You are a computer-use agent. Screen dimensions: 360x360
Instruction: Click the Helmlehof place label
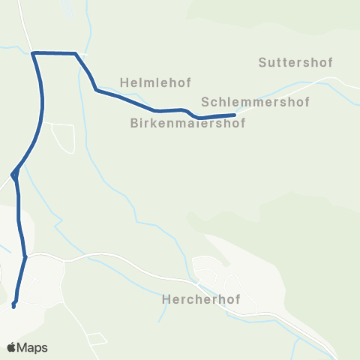[146, 80]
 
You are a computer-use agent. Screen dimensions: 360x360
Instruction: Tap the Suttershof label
[295, 62]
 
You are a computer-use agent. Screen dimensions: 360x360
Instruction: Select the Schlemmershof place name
[255, 101]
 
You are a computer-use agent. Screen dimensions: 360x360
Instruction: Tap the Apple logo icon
[12, 347]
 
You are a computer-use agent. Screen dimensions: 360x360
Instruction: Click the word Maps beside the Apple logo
[33, 347]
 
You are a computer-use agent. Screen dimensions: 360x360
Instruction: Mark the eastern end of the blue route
[235, 115]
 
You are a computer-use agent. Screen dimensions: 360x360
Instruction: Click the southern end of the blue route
[14, 304]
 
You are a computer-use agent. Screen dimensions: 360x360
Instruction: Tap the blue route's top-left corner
[34, 52]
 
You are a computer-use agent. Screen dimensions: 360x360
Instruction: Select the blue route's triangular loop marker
[13, 175]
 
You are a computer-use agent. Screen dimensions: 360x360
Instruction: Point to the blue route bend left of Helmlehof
[96, 90]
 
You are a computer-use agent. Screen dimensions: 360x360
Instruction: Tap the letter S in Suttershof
[262, 62]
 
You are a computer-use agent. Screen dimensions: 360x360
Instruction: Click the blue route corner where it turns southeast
[76, 53]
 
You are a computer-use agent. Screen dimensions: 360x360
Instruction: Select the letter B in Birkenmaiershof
[134, 122]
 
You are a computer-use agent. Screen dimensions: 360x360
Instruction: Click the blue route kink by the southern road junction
[25, 257]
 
